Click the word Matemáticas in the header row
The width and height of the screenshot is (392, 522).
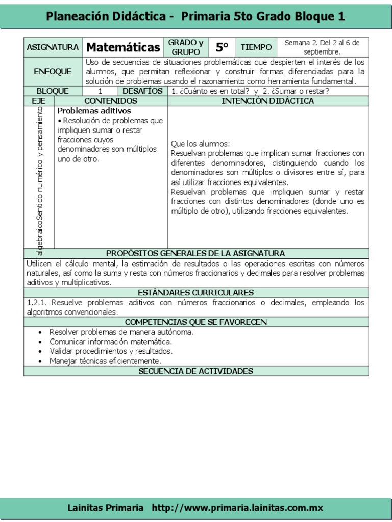123,47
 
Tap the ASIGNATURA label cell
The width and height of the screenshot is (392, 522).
53,47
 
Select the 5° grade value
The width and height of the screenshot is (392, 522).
222,47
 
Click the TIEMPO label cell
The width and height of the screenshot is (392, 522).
256,47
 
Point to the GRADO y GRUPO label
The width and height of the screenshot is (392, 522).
186,47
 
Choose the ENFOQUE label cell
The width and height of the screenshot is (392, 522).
53,72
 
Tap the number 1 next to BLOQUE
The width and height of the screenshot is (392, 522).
101,91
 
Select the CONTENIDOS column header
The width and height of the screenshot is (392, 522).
111,101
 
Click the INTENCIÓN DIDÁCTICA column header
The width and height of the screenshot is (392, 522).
268,101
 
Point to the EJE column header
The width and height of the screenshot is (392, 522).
39,101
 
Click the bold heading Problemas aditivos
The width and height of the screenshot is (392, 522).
94,111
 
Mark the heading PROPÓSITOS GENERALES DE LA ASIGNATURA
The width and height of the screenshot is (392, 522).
195,253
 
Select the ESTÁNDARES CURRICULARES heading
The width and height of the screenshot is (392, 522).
195,293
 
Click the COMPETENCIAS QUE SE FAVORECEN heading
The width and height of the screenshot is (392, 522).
195,322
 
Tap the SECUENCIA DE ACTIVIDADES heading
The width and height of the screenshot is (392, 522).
195,371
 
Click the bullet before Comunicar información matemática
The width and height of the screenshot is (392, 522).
40,342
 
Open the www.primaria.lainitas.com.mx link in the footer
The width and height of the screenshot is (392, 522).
237,508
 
